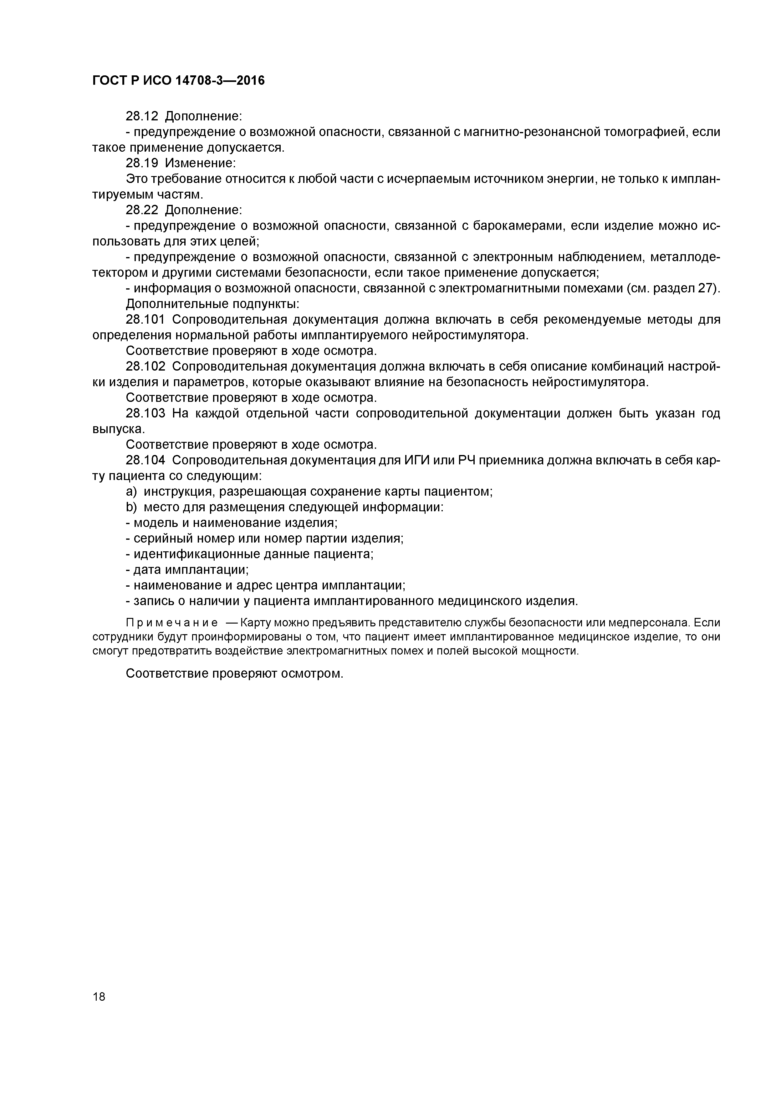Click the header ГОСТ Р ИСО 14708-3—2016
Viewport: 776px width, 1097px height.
(x=178, y=81)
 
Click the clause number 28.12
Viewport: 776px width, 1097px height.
(x=142, y=116)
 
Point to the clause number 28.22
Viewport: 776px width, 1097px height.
(x=142, y=210)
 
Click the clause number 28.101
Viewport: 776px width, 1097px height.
(x=145, y=319)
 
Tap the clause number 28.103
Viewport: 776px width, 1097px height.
(x=145, y=413)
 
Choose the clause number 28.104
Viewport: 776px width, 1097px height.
(x=145, y=460)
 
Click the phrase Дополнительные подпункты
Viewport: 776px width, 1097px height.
(x=212, y=304)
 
